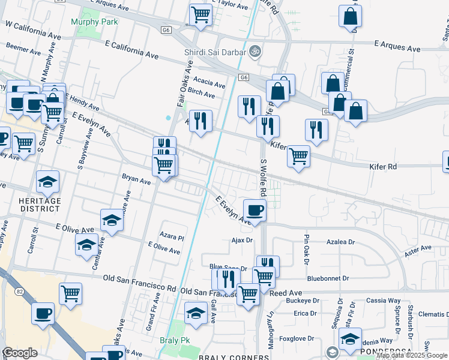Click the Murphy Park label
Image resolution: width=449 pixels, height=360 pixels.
click(x=94, y=22)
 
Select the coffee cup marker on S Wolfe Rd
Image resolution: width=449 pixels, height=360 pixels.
click(x=255, y=211)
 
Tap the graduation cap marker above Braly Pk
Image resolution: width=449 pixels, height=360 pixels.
click(x=195, y=314)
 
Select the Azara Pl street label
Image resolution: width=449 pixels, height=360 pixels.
click(x=172, y=237)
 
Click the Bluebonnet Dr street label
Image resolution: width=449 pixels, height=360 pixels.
click(x=328, y=278)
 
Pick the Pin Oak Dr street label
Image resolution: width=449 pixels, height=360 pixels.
click(x=306, y=249)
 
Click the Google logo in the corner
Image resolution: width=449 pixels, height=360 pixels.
click(x=20, y=353)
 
